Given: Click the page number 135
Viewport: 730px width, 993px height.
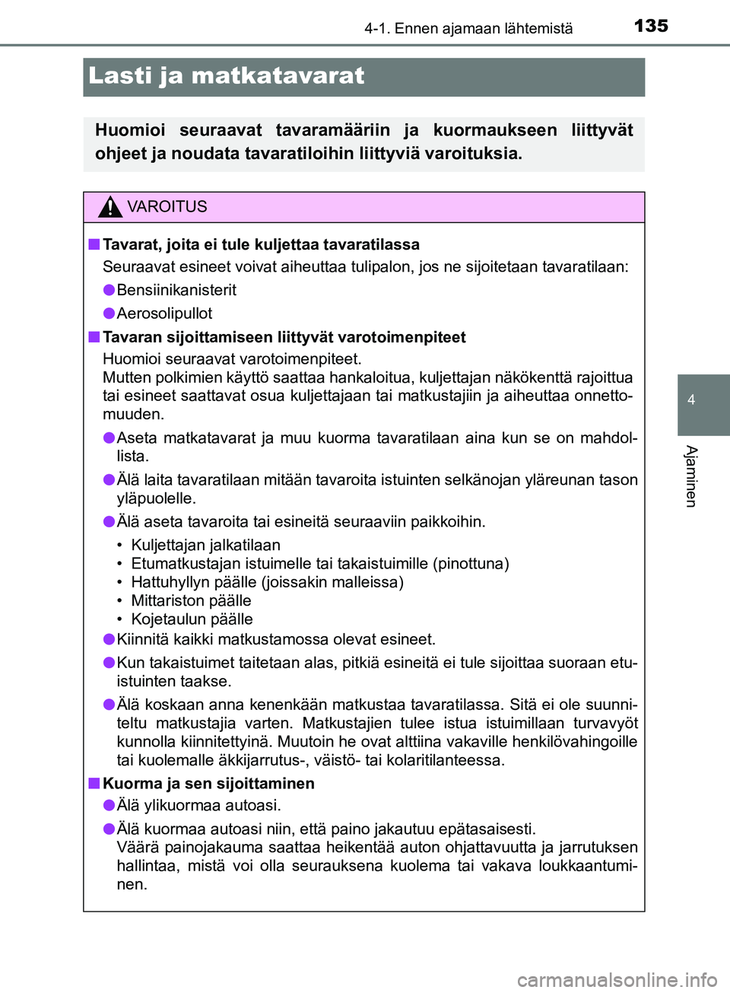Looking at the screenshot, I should [651, 26].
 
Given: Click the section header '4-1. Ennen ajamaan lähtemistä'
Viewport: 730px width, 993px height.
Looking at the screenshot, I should [468, 29].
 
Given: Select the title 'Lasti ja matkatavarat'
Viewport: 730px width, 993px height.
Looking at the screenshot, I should [227, 76].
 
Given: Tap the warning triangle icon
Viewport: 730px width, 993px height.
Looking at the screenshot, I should [110, 207].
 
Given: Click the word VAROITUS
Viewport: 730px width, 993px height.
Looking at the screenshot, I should [167, 207].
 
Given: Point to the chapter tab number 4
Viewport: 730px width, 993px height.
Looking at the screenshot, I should [691, 400].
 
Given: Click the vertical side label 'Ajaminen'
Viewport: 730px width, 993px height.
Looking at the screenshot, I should [691, 476].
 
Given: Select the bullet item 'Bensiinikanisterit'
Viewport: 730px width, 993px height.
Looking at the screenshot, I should [176, 290].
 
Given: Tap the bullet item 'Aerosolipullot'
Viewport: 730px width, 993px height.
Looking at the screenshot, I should [164, 313].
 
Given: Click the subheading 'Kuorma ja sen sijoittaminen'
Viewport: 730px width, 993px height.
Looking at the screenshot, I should [208, 784].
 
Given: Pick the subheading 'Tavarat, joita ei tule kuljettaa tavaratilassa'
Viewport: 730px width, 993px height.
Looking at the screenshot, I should [261, 245].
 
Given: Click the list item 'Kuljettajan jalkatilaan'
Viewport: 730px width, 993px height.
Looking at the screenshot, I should [205, 545].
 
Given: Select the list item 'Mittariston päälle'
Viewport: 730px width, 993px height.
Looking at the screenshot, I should [191, 600].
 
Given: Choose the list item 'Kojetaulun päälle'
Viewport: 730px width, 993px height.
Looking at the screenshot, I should [192, 619].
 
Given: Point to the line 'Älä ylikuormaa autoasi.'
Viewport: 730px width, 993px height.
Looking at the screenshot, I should [198, 805].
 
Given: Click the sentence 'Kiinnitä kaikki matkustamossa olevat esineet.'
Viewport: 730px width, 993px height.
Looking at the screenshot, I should [276, 639].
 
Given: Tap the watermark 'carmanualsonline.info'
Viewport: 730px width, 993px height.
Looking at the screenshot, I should [617, 980].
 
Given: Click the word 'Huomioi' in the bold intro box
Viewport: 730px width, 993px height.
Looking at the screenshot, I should [130, 131].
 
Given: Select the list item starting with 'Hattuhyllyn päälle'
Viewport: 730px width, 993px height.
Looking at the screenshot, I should [267, 582].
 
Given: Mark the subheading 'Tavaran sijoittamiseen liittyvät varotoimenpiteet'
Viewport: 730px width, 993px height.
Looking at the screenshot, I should [284, 337].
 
